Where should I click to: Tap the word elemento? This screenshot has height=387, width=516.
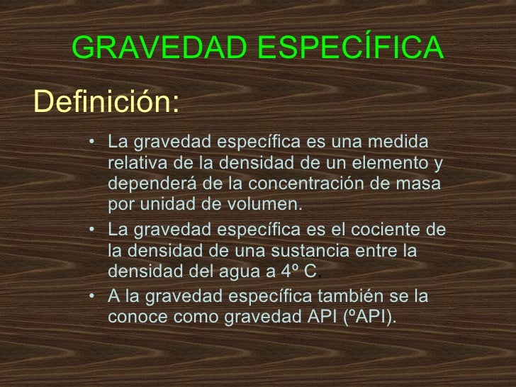(x=392, y=163)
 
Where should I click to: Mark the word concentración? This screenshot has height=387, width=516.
(x=318, y=184)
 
